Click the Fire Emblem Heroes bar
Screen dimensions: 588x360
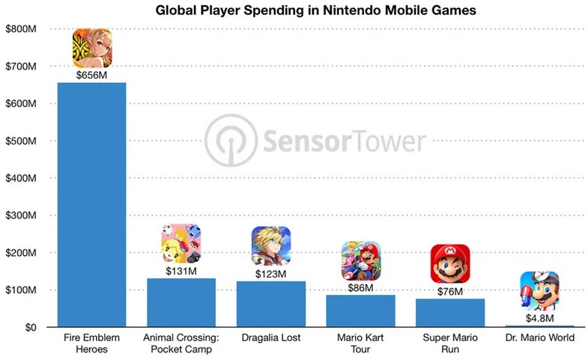(x=91, y=204)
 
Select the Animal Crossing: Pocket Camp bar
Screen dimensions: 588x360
(x=181, y=302)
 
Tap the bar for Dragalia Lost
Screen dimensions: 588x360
(x=270, y=304)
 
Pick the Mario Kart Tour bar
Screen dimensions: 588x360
(x=360, y=311)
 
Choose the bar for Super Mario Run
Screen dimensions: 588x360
(x=450, y=313)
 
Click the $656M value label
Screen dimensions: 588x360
(x=91, y=76)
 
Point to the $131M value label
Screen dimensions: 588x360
(x=181, y=271)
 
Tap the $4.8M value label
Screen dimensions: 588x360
(x=539, y=318)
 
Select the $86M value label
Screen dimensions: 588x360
(x=360, y=287)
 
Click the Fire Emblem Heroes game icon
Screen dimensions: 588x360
(x=92, y=48)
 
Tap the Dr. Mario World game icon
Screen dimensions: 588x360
(x=539, y=291)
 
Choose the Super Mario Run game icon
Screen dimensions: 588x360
(x=450, y=263)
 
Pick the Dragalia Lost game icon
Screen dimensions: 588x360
(x=270, y=245)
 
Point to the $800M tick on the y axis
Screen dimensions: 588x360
(x=21, y=29)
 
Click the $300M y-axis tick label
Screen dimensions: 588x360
(x=21, y=216)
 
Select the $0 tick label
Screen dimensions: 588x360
(x=31, y=327)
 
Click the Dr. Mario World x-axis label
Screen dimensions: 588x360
(x=539, y=338)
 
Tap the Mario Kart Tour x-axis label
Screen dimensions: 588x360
(x=360, y=343)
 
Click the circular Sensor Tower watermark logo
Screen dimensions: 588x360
(x=231, y=141)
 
